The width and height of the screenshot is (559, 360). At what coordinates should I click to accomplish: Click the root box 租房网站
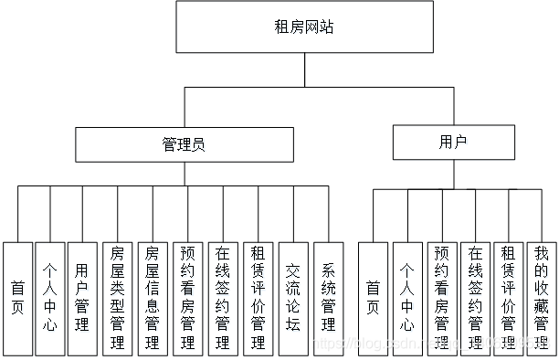[303, 27]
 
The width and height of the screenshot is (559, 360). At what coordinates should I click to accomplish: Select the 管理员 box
[185, 144]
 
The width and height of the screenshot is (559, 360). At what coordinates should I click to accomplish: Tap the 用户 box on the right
[450, 143]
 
